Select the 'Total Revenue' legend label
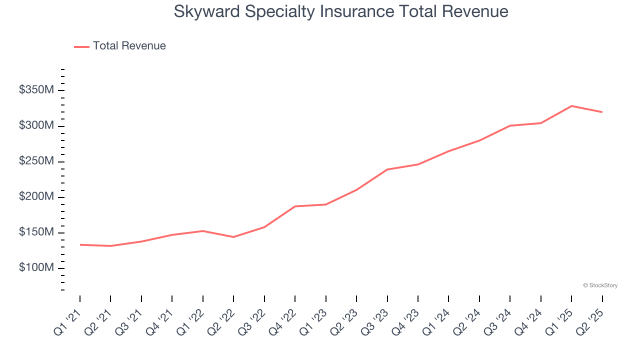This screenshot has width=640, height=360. click(129, 46)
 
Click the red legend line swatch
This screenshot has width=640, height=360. click(81, 46)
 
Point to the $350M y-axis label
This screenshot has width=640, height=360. click(36, 90)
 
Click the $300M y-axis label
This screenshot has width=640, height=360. click(36, 126)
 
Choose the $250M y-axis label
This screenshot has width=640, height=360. click(36, 161)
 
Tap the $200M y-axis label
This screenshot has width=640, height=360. click(36, 197)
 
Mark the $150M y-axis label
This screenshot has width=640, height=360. click(36, 232)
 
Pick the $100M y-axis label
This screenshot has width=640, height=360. click(36, 268)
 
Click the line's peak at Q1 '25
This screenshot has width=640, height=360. click(571, 106)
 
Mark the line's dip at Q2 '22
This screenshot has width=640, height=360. click(233, 237)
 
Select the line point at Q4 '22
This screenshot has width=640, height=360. click(295, 206)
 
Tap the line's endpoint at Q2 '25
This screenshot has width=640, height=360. click(602, 112)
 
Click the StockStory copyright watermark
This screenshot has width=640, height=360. click(600, 285)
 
